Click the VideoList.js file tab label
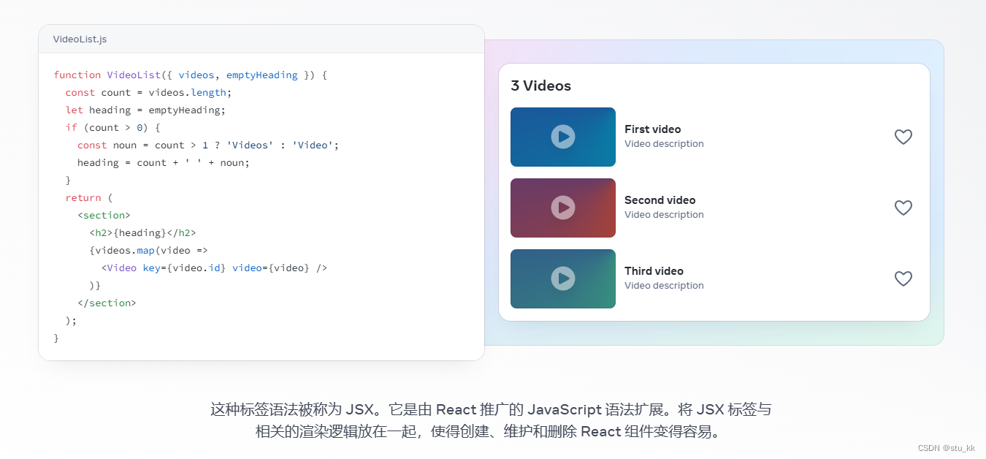click(x=80, y=39)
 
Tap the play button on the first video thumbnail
click(x=563, y=137)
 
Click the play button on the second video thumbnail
click(x=563, y=208)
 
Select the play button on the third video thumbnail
click(x=563, y=278)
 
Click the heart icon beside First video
click(x=903, y=137)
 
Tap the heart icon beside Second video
click(x=903, y=208)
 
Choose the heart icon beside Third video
click(x=903, y=278)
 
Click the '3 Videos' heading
click(x=540, y=86)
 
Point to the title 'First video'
click(x=652, y=129)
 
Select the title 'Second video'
click(x=660, y=200)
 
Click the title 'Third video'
click(x=654, y=271)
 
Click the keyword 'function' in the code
click(x=77, y=75)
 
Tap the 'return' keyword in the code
click(x=83, y=197)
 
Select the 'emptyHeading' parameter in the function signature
click(x=261, y=75)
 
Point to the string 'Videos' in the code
click(x=250, y=145)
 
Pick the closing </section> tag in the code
click(x=107, y=303)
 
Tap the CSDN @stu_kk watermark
click(x=946, y=448)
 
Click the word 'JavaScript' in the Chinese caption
click(x=565, y=409)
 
